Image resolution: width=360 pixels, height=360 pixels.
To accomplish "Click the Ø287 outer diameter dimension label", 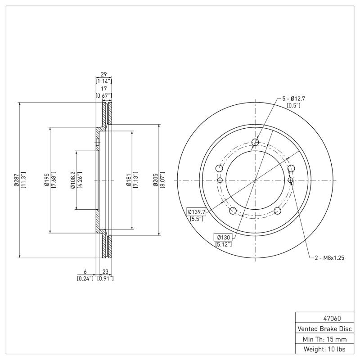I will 15,180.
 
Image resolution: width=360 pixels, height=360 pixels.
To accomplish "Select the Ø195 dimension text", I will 46,180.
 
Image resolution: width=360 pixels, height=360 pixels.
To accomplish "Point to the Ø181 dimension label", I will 128,180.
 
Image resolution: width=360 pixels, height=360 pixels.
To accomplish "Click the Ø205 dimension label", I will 156,180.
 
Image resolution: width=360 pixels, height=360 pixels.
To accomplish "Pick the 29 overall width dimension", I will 103,74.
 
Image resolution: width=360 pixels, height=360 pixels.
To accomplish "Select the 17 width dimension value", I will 103,89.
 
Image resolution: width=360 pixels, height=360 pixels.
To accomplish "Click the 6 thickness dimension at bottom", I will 85,272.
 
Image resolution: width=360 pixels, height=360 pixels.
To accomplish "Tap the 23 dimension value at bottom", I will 105,272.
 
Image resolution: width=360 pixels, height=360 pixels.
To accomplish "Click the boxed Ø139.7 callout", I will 196,211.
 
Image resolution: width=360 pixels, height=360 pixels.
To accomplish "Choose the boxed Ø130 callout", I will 224,237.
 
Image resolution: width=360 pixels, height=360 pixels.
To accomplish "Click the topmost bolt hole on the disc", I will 255,143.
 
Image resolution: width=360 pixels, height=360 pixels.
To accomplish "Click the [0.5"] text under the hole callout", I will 293,105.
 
